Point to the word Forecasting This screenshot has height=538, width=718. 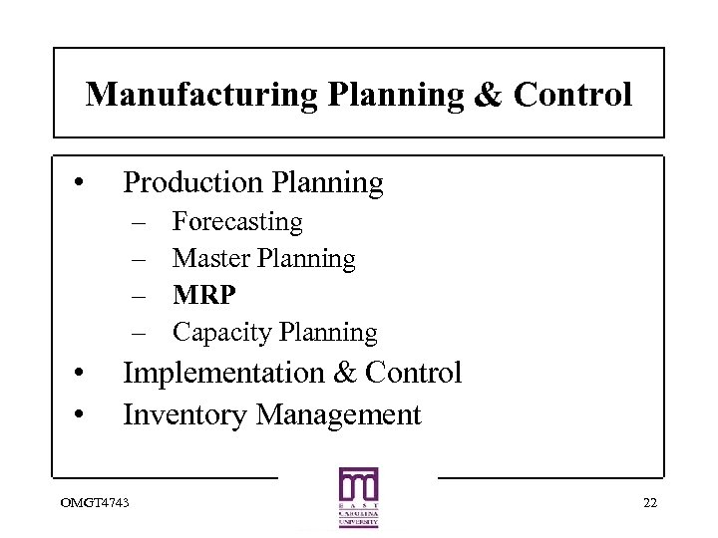click(x=237, y=221)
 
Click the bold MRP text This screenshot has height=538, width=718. click(x=204, y=295)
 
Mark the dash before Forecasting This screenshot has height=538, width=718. click(x=136, y=222)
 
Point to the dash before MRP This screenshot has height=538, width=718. click(x=136, y=296)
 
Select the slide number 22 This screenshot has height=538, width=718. click(x=649, y=501)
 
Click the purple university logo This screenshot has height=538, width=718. click(x=358, y=497)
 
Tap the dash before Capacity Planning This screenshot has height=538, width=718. click(x=136, y=333)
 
